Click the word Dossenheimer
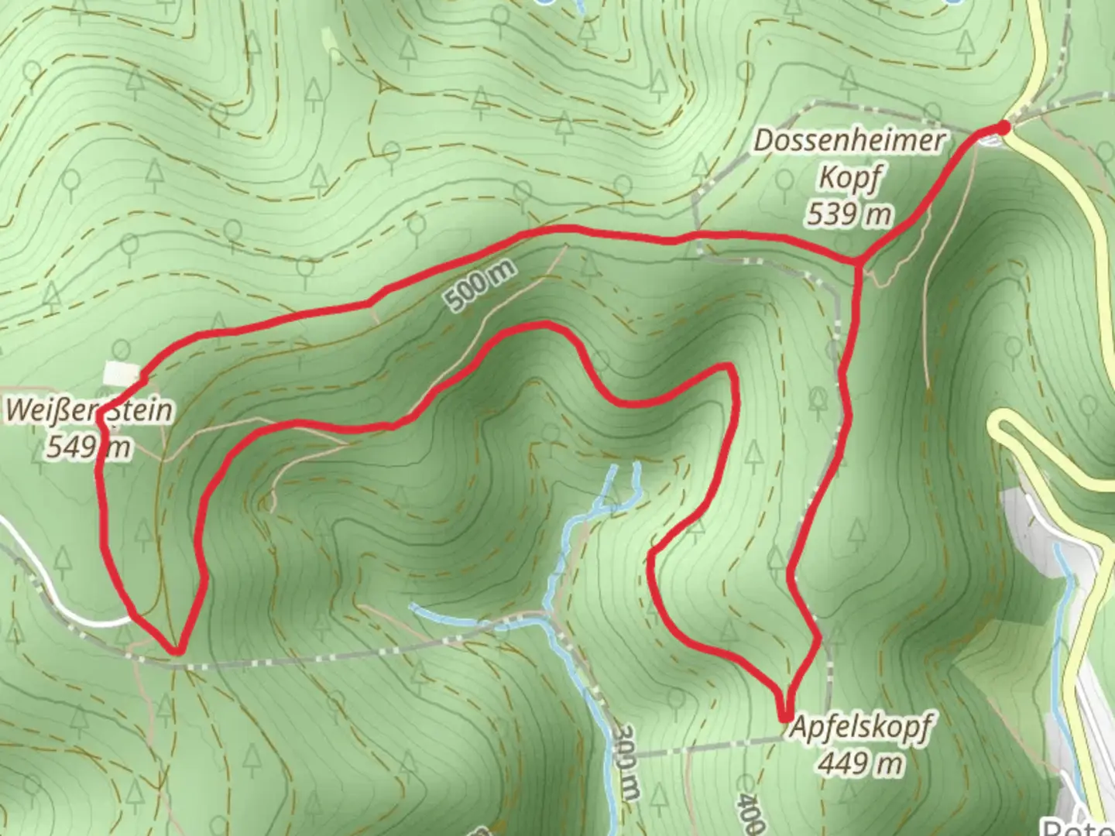click(850, 142)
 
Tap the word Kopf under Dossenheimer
click(849, 180)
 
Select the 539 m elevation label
click(849, 214)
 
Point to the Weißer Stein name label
click(88, 410)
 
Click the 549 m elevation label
click(88, 447)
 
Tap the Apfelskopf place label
click(860, 729)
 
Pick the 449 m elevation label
click(860, 764)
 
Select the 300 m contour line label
click(629, 762)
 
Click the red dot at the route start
click(1004, 127)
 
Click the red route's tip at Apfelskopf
click(786, 718)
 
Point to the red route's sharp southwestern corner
click(178, 650)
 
